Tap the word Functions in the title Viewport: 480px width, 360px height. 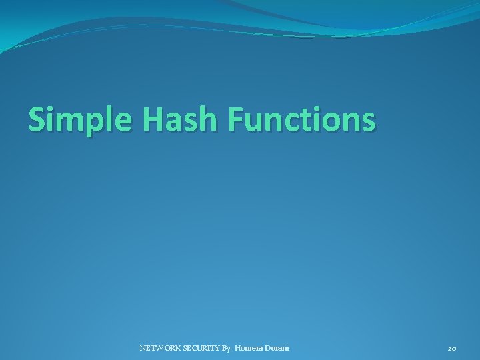pyautogui.click(x=302, y=120)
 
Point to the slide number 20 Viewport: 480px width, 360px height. pyautogui.click(x=452, y=348)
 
